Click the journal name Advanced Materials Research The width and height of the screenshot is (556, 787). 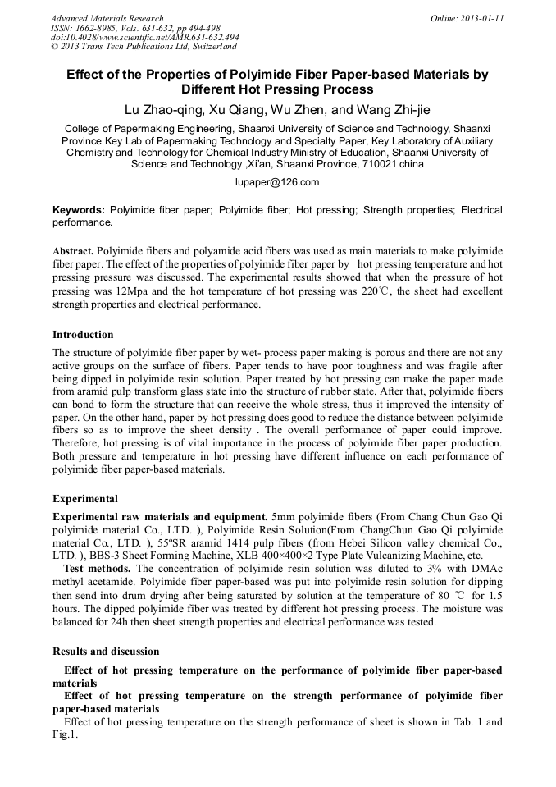107,18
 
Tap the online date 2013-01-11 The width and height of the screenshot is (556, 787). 479,18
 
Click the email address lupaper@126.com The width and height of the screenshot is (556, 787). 277,182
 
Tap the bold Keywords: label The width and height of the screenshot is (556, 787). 79,210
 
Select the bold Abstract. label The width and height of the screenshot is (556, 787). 74,250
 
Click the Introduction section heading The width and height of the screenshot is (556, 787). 83,335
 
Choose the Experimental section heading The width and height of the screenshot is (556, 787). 85,498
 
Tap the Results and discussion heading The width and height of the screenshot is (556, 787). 106,651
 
